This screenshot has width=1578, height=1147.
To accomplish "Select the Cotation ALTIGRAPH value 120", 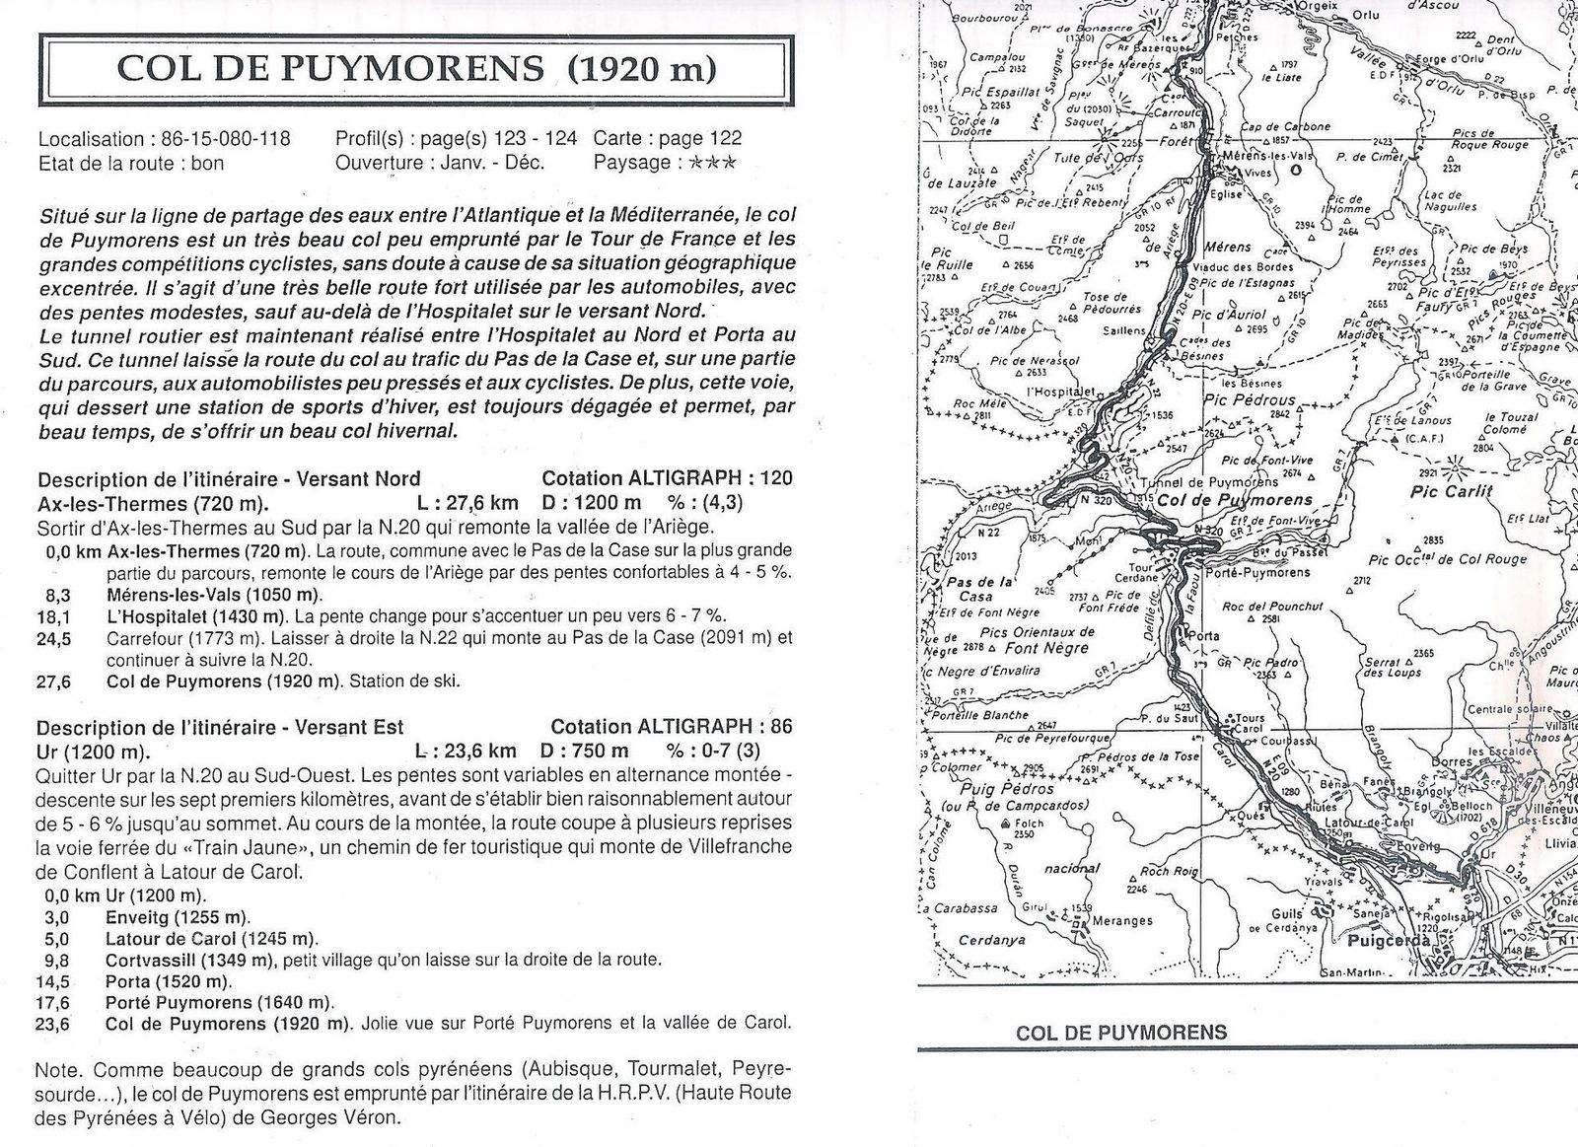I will pyautogui.click(x=776, y=478).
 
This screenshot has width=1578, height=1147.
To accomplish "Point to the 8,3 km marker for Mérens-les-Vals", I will pyautogui.click(x=58, y=594).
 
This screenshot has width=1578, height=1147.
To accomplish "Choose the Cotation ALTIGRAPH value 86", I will pyautogui.click(x=780, y=727).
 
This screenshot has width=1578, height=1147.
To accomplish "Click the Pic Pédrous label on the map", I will pyautogui.click(x=1250, y=401).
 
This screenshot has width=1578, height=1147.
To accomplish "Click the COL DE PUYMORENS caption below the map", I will pyautogui.click(x=1121, y=1033).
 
